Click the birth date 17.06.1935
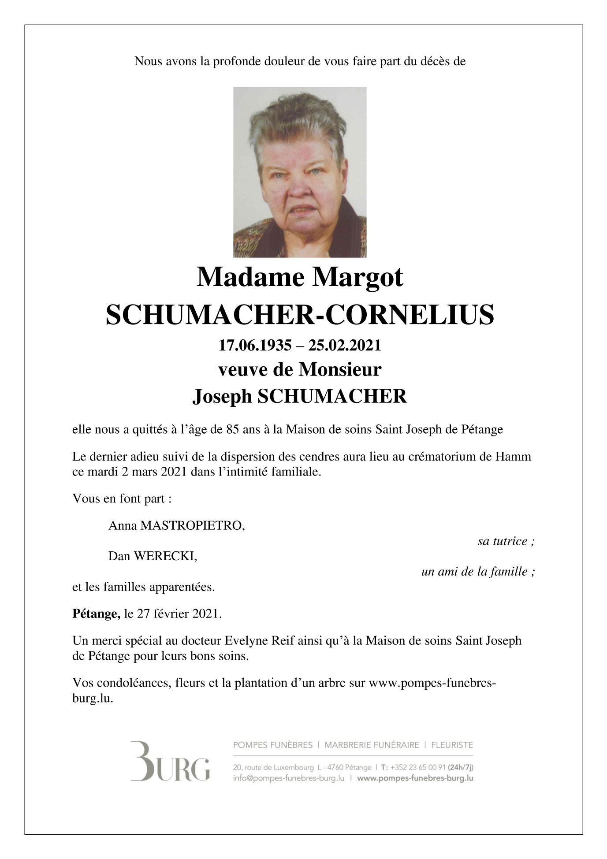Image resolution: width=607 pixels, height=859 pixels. [x=255, y=346]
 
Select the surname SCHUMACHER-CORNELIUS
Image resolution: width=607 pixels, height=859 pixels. [x=300, y=315]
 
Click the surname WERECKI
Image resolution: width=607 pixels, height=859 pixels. [x=165, y=556]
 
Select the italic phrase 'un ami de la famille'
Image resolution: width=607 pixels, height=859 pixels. [x=478, y=572]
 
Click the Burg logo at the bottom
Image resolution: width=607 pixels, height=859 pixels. [x=170, y=767]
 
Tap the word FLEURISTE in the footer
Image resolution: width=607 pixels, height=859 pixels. [x=452, y=745]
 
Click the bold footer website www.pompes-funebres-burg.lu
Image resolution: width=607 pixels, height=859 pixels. [x=415, y=778]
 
